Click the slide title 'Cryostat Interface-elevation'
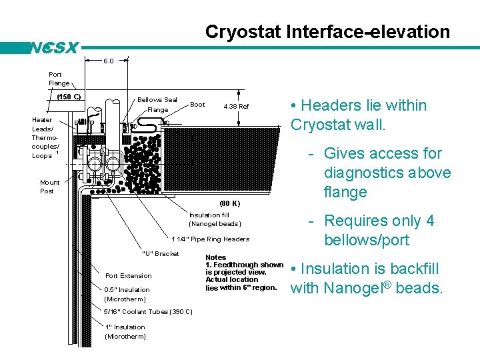[x=327, y=32]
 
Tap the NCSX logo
[x=55, y=48]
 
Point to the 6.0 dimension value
[x=108, y=61]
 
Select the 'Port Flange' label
[x=59, y=79]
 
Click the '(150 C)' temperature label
[x=68, y=97]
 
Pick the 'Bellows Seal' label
[x=157, y=100]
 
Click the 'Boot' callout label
[x=197, y=105]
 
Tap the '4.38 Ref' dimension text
[x=236, y=106]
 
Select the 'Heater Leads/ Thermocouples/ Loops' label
[x=46, y=137]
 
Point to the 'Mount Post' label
[x=50, y=187]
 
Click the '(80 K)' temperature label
[x=229, y=203]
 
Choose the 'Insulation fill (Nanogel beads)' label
[x=214, y=219]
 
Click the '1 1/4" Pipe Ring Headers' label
[x=211, y=239]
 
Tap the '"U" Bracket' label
[x=161, y=253]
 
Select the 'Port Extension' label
[x=129, y=275]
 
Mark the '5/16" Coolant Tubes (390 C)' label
[x=149, y=311]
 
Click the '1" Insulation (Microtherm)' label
[x=125, y=331]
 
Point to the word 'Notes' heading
[x=216, y=257]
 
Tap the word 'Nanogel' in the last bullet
[x=356, y=289]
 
